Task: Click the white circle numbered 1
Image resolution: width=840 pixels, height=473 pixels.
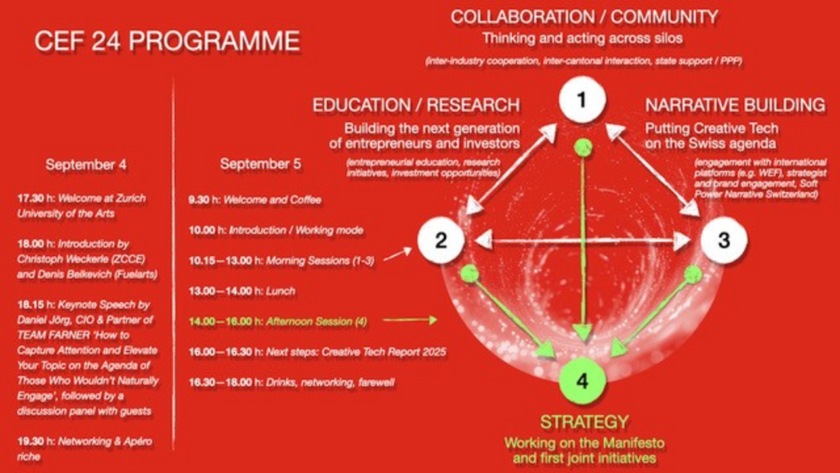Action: pos(582,101)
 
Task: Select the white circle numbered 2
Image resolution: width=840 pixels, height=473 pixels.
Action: pos(441,240)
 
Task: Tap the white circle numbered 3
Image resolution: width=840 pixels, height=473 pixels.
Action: pos(724,240)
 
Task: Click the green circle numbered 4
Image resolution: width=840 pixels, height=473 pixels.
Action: pos(582,380)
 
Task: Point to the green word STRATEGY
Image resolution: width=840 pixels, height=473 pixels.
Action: pos(584,422)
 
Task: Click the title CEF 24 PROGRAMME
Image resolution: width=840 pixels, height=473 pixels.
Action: pos(167,41)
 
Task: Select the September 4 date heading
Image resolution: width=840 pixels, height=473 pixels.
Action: pos(86,164)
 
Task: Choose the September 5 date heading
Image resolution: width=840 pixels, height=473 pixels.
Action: pos(261,164)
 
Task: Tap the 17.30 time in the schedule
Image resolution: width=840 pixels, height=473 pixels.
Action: pos(31,198)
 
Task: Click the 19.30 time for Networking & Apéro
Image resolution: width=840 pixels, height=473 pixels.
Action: pos(31,441)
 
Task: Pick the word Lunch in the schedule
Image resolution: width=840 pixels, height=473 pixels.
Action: pos(280,291)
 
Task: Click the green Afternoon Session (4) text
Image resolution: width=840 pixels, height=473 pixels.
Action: pos(316,321)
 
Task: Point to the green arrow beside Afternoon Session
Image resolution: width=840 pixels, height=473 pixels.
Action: pos(410,320)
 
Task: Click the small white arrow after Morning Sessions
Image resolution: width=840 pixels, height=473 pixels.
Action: pos(398,254)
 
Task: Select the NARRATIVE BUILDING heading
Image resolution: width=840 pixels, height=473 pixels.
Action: pos(735,105)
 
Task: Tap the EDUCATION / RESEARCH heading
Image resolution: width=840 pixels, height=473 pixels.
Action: pos(416,105)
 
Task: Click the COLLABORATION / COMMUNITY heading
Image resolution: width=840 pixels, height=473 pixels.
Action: pos(584,17)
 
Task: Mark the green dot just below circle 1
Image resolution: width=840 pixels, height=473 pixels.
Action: pos(583,147)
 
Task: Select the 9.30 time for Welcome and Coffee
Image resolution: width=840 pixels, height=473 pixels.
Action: pos(199,200)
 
